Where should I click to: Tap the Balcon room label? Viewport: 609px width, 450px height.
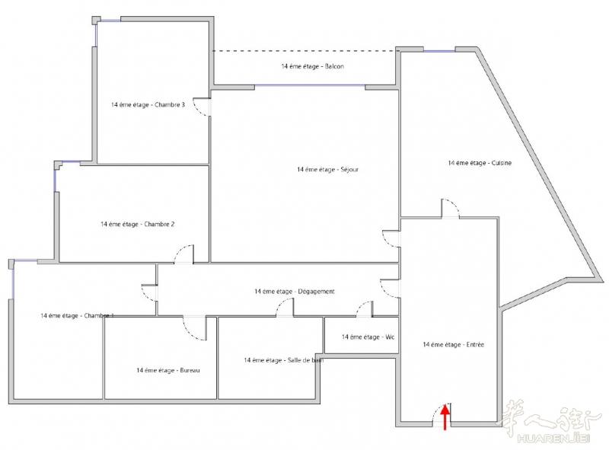pyautogui.click(x=313, y=66)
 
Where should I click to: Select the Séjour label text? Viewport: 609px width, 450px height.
pyautogui.click(x=328, y=170)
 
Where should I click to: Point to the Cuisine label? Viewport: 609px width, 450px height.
pyautogui.click(x=480, y=163)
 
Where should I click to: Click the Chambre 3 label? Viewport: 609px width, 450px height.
pyautogui.click(x=148, y=105)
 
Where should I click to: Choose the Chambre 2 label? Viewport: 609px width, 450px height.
pyautogui.click(x=138, y=224)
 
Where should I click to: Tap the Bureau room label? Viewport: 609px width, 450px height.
pyautogui.click(x=168, y=370)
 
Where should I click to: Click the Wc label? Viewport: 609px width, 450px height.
pyautogui.click(x=368, y=337)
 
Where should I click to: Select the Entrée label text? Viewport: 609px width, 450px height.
pyautogui.click(x=454, y=344)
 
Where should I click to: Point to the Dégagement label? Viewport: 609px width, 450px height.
pyautogui.click(x=295, y=292)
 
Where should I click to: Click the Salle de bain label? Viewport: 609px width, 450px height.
pyautogui.click(x=283, y=360)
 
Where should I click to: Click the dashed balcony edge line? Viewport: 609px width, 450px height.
pyautogui.click(x=306, y=51)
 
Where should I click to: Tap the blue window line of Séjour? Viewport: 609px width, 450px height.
pyautogui.click(x=310, y=85)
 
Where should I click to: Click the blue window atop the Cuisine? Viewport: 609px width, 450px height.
pyautogui.click(x=439, y=51)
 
